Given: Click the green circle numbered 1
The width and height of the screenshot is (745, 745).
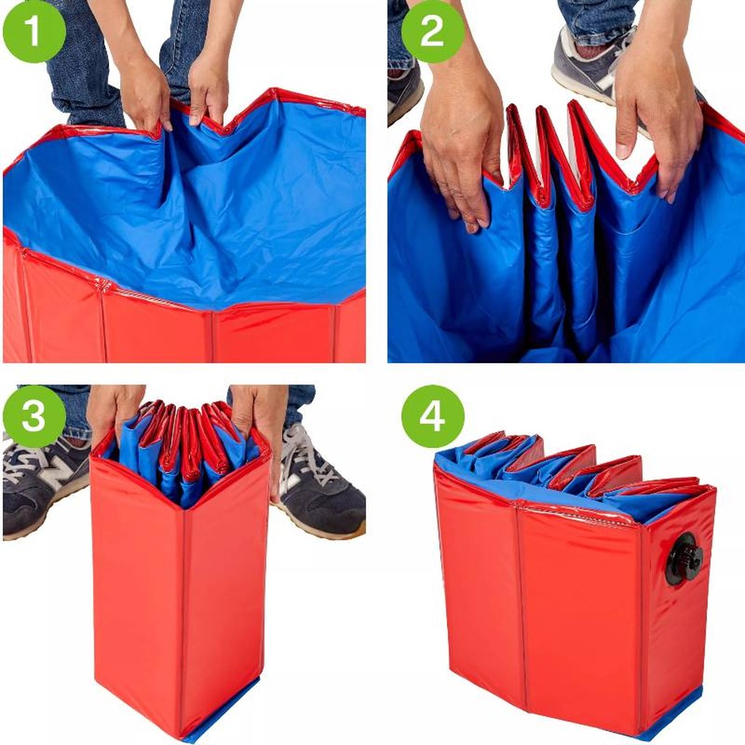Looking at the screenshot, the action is [34, 31].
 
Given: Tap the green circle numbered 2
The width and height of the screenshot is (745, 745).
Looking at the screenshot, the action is [433, 31].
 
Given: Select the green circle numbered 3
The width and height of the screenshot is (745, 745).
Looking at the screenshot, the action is [34, 416].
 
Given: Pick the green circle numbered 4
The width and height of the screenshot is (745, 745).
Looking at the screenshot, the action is [433, 416].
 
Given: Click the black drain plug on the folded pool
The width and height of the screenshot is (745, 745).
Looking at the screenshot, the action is [683, 559].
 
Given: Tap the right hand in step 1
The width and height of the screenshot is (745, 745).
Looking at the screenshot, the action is [208, 90].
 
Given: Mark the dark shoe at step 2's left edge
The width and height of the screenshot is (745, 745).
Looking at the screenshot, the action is [405, 95].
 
